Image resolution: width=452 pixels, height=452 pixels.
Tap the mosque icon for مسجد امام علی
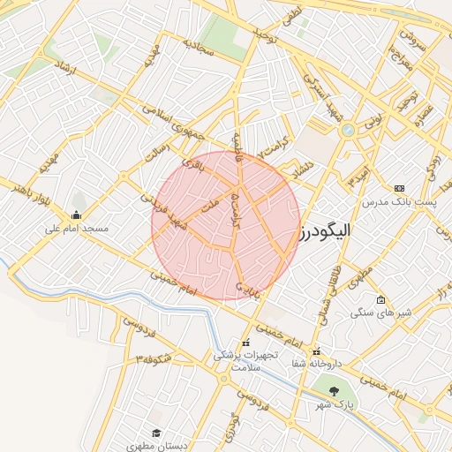click(x=77, y=215)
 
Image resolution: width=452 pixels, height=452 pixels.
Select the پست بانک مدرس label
click(x=399, y=201)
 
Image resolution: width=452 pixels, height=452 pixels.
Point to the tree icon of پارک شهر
click(x=333, y=390)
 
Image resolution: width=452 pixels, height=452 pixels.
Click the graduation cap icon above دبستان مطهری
click(x=156, y=433)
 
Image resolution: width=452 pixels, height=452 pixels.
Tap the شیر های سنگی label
click(x=381, y=313)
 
